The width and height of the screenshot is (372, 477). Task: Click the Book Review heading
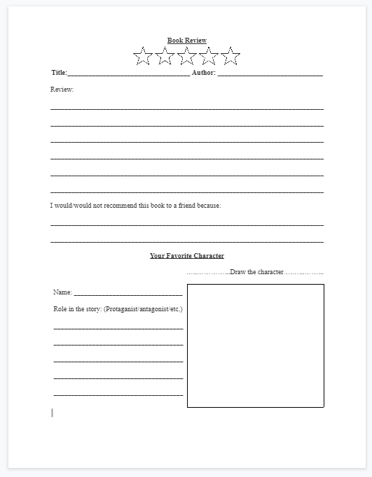[187, 41]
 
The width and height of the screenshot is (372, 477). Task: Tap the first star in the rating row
[143, 56]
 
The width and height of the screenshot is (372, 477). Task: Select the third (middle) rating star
[187, 56]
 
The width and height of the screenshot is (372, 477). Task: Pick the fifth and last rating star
[230, 56]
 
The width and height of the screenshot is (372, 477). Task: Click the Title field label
[59, 73]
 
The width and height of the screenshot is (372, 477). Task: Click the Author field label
[203, 73]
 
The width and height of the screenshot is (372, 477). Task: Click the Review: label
[62, 90]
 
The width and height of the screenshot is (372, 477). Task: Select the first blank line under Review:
[187, 108]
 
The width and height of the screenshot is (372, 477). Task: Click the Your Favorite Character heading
[187, 256]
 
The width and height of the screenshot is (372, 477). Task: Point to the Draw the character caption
[256, 271]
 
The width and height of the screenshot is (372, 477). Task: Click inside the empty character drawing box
[256, 346]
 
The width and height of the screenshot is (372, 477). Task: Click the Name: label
[62, 292]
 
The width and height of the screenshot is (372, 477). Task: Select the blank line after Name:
[128, 294]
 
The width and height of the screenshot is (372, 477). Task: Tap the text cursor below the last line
[52, 413]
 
